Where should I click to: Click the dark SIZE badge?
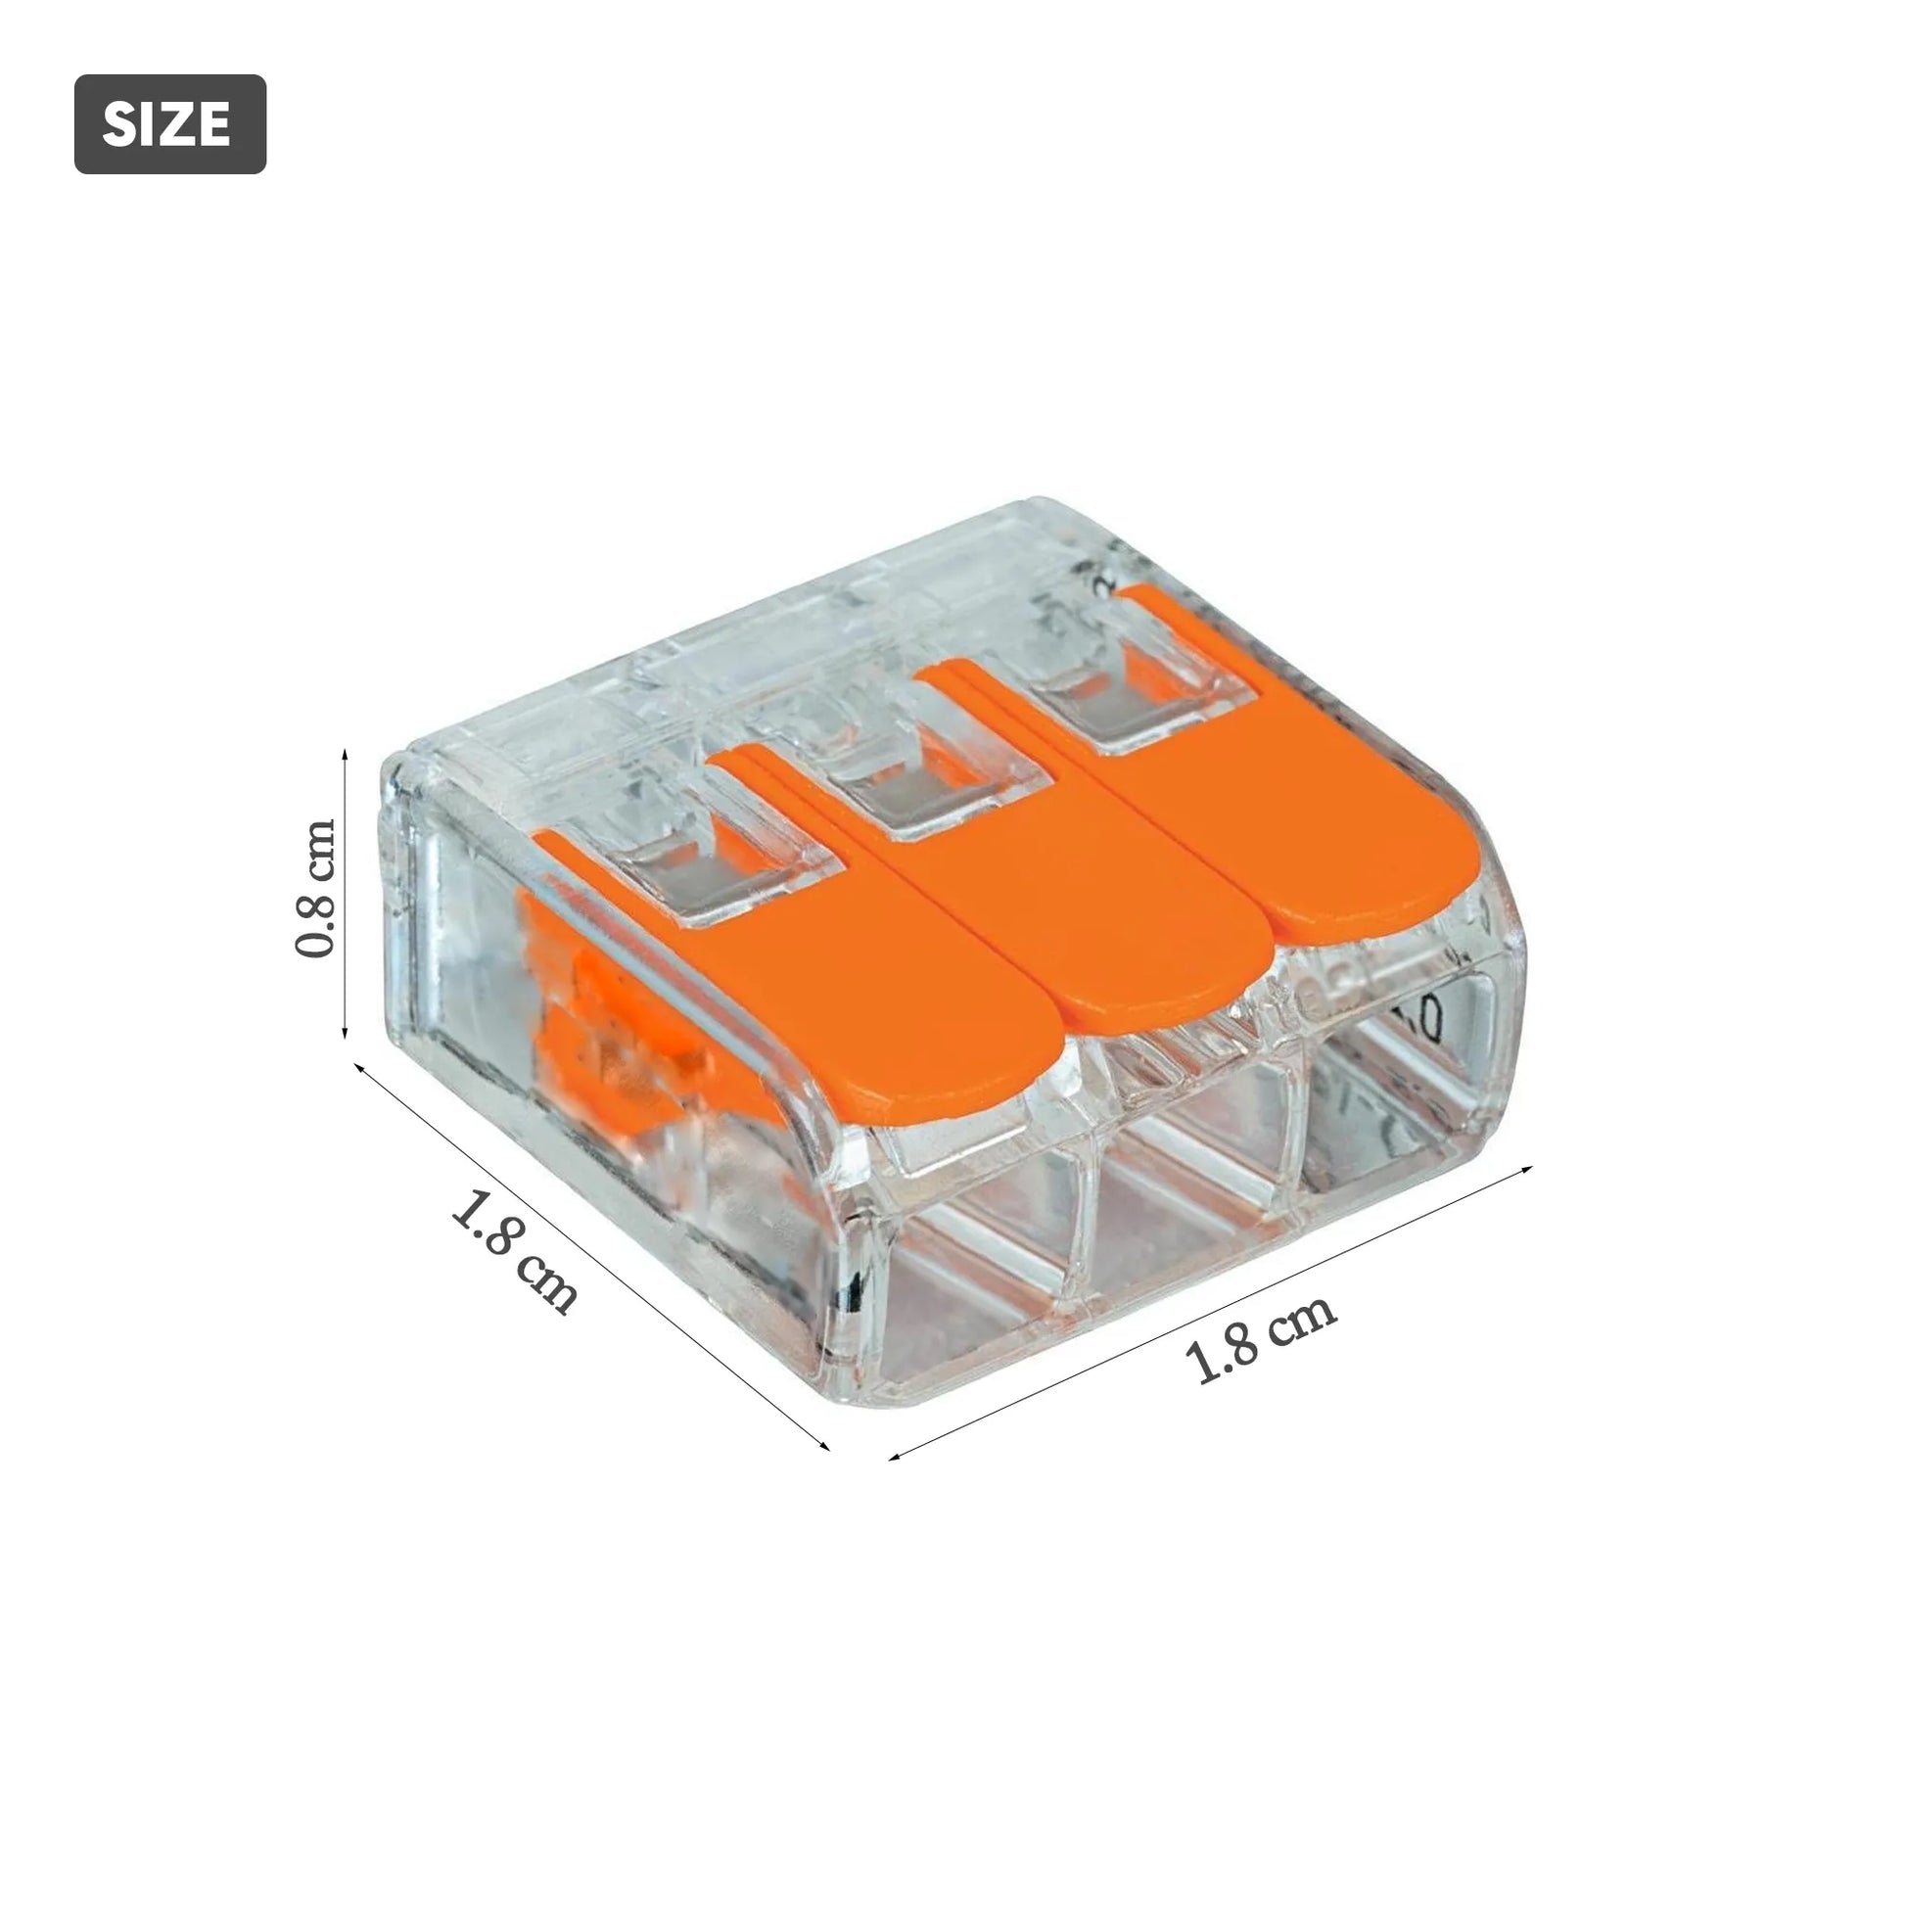click(169, 124)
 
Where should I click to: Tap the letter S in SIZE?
click(118, 125)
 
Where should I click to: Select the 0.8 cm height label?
click(316, 889)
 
